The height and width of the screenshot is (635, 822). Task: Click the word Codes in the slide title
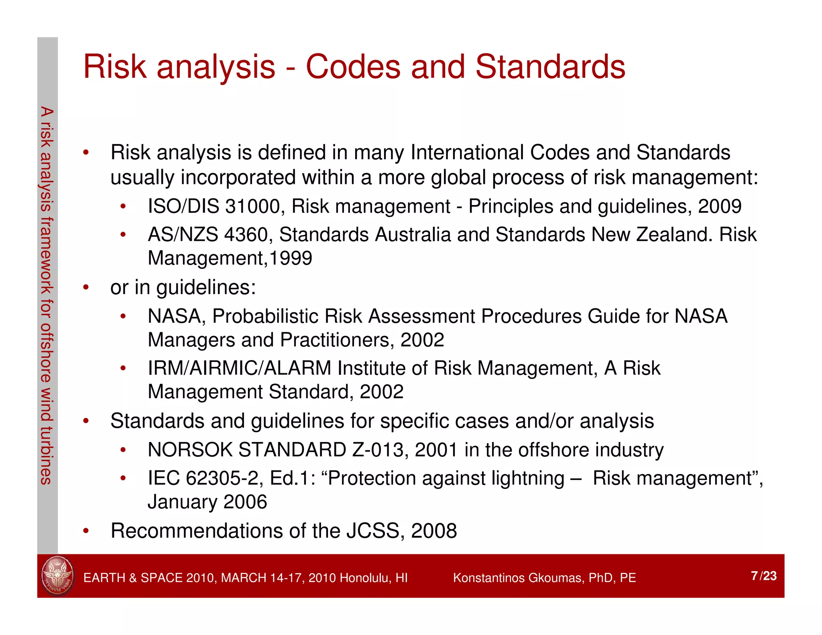point(353,67)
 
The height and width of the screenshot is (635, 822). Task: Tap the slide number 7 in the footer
point(755,576)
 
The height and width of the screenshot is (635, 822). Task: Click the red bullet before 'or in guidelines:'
point(85,287)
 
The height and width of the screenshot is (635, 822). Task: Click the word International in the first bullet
point(467,153)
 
